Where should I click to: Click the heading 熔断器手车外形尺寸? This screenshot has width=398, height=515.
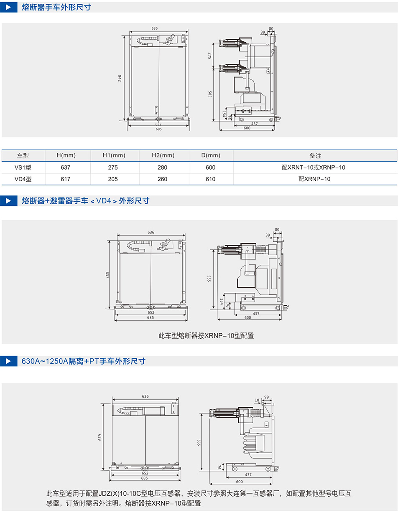pos(56,7)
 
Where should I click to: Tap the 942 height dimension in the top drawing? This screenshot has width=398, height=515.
pos(120,78)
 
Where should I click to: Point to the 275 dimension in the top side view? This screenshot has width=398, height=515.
pos(210,56)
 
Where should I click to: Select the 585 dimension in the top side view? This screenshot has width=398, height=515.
pos(210,94)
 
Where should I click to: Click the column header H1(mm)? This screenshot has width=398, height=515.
pos(114,156)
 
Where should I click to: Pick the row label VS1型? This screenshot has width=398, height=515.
pos(23,167)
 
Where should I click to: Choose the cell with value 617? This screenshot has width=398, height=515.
pos(66,179)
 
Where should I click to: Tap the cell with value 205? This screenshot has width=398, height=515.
pos(113,179)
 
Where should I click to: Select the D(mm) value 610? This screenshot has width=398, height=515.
pos(211,179)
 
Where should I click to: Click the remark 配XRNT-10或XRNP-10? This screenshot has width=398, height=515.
pos(314,167)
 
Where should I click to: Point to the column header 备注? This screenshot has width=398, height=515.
pos(315,156)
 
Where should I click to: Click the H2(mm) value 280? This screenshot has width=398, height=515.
pos(162,167)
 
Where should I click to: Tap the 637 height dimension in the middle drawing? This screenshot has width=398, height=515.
pos(107,276)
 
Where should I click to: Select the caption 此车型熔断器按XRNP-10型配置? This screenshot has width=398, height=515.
pos(206,335)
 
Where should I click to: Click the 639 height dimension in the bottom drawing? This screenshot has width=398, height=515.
pos(100,437)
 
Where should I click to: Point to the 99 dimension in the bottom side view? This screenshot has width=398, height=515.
pos(267,397)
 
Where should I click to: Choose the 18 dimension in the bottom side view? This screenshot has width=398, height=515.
pos(257,400)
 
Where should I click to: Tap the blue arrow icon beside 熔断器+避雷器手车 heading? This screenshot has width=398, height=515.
pos(8,201)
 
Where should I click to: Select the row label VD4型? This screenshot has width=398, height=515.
pos(23,179)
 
